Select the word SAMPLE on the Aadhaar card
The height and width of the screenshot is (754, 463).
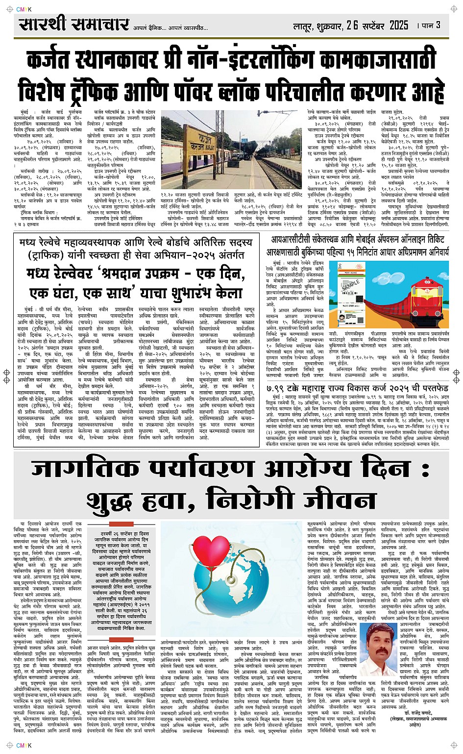(350, 285)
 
